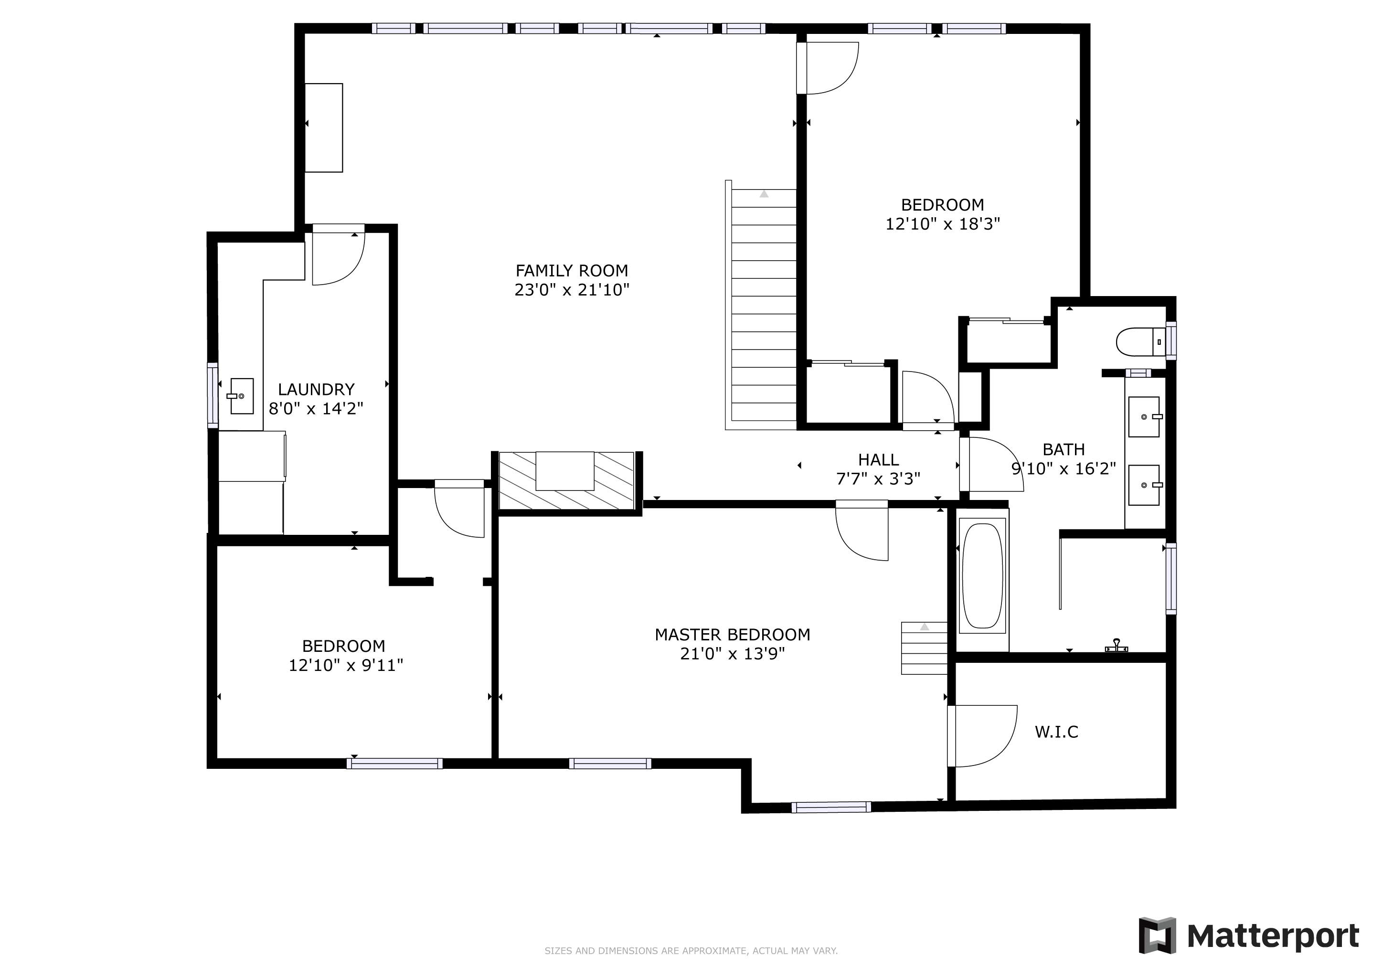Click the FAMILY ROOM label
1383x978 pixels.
(572, 271)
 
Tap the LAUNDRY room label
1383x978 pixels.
(316, 390)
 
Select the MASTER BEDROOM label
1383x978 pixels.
(733, 635)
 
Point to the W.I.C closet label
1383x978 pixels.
(1056, 732)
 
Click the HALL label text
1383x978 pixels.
(878, 460)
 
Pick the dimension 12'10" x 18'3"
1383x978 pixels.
(943, 224)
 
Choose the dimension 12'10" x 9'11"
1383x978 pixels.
(346, 665)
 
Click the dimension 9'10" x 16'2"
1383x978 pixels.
(1064, 468)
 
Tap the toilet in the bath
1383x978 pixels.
(1141, 342)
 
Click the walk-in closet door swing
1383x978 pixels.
(982, 736)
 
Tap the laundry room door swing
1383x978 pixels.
(339, 258)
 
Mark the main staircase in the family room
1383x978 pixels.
(761, 305)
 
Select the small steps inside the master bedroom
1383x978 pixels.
(924, 648)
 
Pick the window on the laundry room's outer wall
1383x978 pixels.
(212, 395)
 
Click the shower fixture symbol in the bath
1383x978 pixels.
(1116, 646)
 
